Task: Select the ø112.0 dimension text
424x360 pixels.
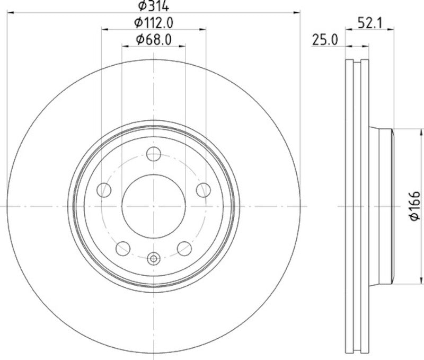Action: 154,22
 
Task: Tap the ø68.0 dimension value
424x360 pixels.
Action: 154,39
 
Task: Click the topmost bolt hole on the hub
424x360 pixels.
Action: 154,154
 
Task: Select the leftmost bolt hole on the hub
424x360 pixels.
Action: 105,189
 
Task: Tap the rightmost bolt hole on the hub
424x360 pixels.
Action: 202,189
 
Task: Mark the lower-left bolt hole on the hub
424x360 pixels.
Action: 123,247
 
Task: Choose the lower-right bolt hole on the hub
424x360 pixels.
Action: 184,247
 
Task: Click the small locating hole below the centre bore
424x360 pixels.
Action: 154,259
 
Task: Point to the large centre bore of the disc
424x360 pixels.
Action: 154,206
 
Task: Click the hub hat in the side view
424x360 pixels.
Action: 381,206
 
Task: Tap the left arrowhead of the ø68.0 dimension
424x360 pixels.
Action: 125,46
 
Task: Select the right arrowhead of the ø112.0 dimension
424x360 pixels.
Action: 203,29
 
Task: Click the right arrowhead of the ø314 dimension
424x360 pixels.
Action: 297,12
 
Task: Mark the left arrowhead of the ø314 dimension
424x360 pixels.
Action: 10,12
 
